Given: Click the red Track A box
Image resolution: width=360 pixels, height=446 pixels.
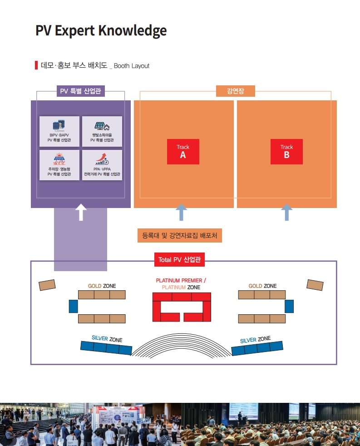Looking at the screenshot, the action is (183, 152).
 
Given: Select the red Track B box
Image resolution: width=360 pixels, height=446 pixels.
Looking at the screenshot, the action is (286, 152).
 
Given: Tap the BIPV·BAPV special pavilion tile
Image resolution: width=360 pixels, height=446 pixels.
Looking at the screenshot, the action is (59, 131).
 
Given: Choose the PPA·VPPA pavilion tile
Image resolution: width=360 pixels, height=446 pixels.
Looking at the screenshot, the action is (102, 165).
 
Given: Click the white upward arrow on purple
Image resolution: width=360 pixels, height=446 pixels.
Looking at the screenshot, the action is (81, 212).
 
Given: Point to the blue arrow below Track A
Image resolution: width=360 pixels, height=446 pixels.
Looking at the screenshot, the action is (181, 212).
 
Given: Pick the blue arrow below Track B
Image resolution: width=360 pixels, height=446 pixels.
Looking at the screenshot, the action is (286, 212).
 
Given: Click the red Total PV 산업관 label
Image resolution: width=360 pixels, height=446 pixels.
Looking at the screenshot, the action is (179, 259).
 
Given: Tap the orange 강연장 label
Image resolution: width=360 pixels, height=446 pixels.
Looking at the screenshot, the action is (236, 91).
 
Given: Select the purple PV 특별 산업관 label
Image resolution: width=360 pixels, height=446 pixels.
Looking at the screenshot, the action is (81, 91).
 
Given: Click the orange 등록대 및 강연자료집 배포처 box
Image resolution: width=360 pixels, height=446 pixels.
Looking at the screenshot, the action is (179, 236).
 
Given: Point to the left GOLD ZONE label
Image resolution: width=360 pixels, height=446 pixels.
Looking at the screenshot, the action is (102, 286).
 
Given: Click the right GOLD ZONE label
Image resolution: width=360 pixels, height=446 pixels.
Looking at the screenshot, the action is (262, 286).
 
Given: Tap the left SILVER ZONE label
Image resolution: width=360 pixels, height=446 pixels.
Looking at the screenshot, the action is (107, 338).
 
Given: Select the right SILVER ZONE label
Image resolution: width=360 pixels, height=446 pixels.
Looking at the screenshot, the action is (255, 339).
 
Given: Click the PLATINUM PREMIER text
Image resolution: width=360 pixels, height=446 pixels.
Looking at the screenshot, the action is (179, 281).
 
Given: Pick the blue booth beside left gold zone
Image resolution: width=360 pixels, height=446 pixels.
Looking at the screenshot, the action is (74, 306).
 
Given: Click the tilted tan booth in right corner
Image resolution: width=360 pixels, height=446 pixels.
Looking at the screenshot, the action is (315, 285).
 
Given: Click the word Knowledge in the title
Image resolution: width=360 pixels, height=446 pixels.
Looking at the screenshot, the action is (133, 31).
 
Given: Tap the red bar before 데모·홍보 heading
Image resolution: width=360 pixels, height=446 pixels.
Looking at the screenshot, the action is (36, 65).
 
